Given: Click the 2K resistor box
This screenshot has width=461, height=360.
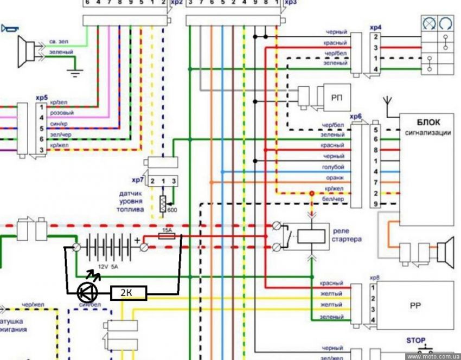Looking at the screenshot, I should pyautogui.click(x=128, y=293).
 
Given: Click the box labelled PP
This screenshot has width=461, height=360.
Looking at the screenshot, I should pyautogui.click(x=416, y=305).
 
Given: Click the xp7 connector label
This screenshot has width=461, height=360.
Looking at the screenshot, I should pyautogui.click(x=138, y=179).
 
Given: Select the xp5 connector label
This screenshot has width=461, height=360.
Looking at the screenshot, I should pyautogui.click(x=41, y=98).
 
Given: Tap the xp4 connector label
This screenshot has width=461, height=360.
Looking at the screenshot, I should pyautogui.click(x=375, y=27).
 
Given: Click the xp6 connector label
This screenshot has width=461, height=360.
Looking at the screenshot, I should pyautogui.click(x=356, y=117).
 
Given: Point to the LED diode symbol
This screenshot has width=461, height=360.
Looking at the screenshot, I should pyautogui.click(x=87, y=293).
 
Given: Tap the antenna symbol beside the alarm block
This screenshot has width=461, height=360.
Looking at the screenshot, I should pyautogui.click(x=388, y=102).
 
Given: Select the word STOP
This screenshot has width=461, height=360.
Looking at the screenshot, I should pyautogui.click(x=416, y=340).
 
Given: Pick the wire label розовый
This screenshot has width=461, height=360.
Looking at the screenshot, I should pyautogui.click(x=61, y=113).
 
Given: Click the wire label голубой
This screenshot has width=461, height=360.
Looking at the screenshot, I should pyautogui.click(x=332, y=167).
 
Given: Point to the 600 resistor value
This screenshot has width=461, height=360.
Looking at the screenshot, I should pyautogui.click(x=172, y=210).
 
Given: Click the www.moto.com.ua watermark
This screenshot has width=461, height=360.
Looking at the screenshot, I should pyautogui.click(x=433, y=356).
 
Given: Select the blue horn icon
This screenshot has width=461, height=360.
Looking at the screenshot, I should pyautogui.click(x=9, y=29).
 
